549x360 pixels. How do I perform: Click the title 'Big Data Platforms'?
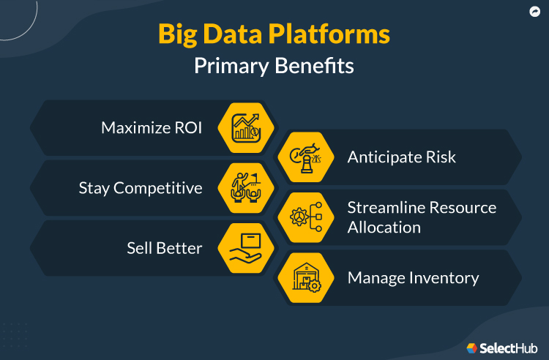274,35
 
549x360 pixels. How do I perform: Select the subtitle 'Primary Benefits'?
274,66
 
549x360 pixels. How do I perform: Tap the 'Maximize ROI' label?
151,127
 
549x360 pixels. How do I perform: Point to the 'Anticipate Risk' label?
401,157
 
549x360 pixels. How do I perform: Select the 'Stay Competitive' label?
141,188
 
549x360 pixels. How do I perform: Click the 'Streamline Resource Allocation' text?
421,217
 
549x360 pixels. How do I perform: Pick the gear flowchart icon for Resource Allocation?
305,217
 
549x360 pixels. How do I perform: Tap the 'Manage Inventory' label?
413,278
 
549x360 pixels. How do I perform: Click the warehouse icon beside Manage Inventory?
305,278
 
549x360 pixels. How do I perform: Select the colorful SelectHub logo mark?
472,348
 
